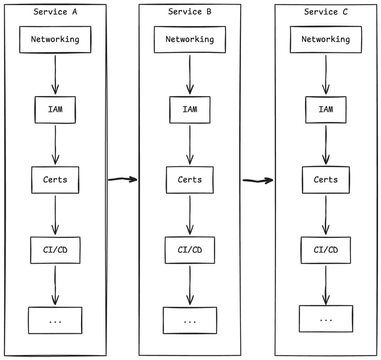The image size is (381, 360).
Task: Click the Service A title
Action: pos(55,12)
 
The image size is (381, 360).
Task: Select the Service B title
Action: pos(190,12)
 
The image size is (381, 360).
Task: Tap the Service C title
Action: pos(326,12)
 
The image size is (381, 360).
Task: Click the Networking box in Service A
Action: pos(55,40)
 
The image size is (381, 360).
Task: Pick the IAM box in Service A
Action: pos(55,110)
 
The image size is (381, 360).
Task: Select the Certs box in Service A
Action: pos(55,180)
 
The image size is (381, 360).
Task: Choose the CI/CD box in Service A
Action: pos(55,250)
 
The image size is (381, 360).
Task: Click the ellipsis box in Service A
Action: pos(55,320)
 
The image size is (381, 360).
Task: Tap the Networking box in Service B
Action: pos(190,40)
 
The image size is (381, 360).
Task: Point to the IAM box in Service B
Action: pos(190,110)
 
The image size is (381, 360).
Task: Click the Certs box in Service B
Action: pos(190,180)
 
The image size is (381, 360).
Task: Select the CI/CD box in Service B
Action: pos(190,250)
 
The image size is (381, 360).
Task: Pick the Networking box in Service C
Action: pos(326,40)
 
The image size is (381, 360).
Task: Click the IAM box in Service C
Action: pos(326,110)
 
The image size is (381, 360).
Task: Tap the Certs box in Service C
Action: pos(326,180)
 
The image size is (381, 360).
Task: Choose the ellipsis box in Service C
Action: pos(326,319)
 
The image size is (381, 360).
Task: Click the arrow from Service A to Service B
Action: pos(122,180)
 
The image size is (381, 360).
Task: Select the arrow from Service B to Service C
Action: pos(258,180)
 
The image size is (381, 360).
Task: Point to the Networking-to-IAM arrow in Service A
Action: pos(55,74)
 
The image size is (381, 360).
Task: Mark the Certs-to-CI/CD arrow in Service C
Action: pos(326,215)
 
